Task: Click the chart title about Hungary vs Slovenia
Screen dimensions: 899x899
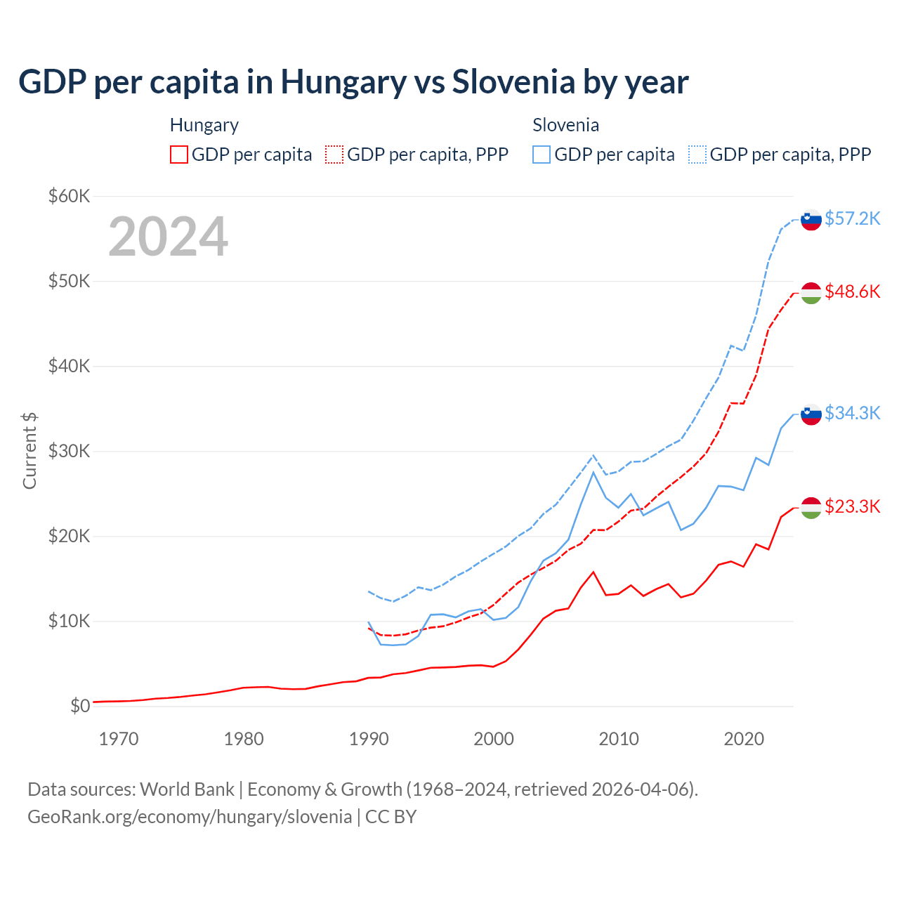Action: (x=353, y=82)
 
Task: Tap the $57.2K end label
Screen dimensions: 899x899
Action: (x=852, y=219)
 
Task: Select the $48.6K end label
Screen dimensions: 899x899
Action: (x=852, y=291)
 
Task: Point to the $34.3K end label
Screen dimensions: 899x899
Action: (x=852, y=413)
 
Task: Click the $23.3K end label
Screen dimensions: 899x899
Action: (x=852, y=506)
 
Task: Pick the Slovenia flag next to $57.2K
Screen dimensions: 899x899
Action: (x=811, y=220)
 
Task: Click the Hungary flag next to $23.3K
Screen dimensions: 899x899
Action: (x=811, y=508)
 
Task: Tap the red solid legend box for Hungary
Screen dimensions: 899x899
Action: (x=179, y=155)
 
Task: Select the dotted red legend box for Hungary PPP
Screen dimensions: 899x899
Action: (x=334, y=155)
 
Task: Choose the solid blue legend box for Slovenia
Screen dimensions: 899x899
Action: (x=542, y=155)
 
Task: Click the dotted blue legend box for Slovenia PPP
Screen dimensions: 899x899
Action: (x=697, y=155)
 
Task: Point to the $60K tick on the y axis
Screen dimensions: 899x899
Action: (x=69, y=196)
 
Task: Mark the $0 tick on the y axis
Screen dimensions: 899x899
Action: (x=80, y=706)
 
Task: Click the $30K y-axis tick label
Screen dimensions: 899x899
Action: (x=69, y=451)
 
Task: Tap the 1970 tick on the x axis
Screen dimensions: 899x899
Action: (x=119, y=739)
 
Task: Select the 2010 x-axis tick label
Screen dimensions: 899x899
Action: (x=619, y=739)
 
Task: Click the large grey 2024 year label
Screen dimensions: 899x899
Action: (x=168, y=237)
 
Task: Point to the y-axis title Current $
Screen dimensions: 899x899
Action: (x=29, y=451)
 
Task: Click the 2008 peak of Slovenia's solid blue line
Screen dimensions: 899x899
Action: (x=593, y=472)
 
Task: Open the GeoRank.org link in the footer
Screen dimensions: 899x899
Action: (x=190, y=817)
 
